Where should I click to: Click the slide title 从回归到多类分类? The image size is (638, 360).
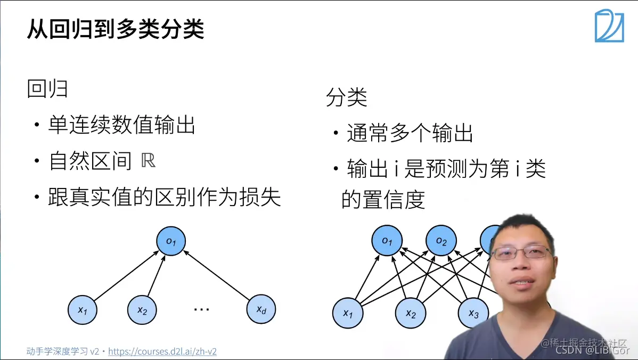click(x=116, y=30)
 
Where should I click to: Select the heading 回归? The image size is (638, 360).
click(x=47, y=89)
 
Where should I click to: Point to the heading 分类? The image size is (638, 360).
click(x=347, y=97)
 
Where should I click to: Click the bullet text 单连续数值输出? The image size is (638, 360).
click(x=122, y=126)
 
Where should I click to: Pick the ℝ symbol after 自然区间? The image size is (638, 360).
click(x=149, y=161)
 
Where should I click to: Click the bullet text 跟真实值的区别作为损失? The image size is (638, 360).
click(x=165, y=198)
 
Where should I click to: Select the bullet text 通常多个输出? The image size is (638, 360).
click(x=410, y=133)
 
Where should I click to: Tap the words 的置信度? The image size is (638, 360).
click(x=383, y=200)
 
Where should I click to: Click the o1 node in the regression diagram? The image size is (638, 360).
click(x=171, y=241)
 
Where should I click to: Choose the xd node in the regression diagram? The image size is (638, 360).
click(x=261, y=309)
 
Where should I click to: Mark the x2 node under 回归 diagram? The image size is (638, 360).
click(x=142, y=310)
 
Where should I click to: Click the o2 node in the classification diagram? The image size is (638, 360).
click(x=441, y=241)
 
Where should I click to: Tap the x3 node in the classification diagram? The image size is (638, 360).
click(x=473, y=313)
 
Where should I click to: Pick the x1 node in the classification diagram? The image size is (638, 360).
click(x=348, y=313)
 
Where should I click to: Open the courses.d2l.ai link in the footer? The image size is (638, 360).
click(x=162, y=351)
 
